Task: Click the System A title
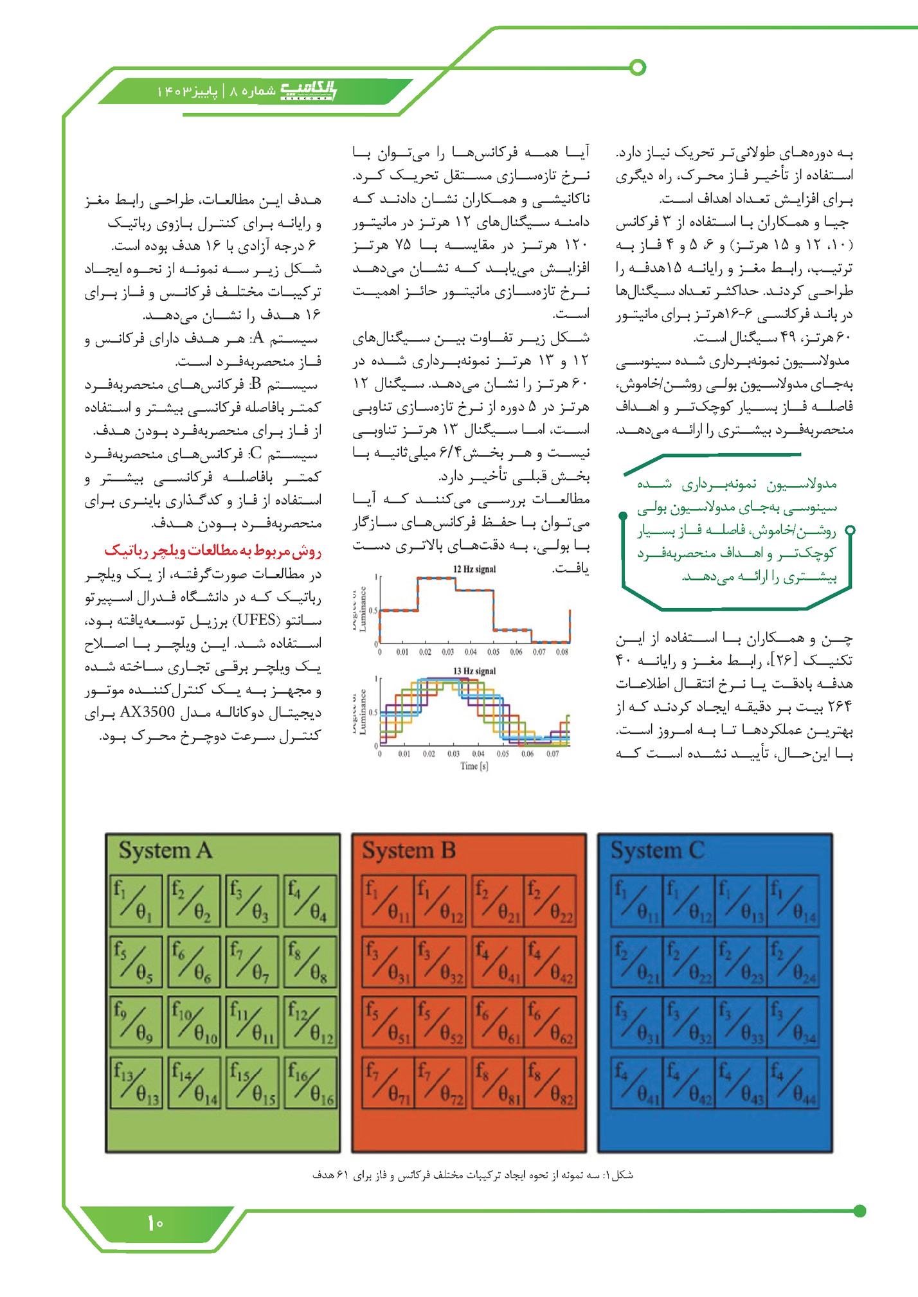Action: click(165, 850)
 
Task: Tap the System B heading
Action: click(409, 850)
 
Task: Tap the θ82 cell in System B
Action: click(550, 1083)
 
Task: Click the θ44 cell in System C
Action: click(794, 1083)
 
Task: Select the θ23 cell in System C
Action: click(742, 962)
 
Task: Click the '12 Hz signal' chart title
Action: click(474, 569)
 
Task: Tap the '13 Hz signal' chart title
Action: click(474, 671)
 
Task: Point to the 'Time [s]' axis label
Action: click(474, 766)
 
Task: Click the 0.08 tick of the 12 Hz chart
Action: click(562, 652)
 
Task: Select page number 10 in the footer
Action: click(156, 1222)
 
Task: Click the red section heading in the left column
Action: click(213, 551)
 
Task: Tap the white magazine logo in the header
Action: click(309, 91)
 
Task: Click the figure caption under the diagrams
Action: click(473, 1175)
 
